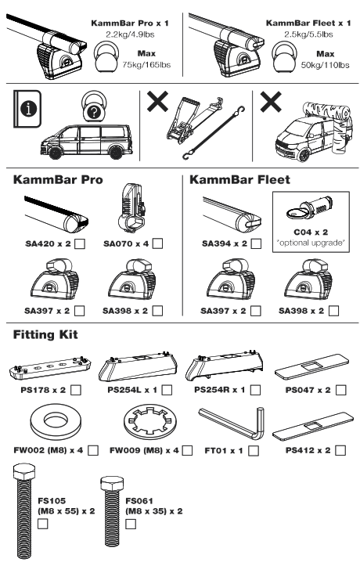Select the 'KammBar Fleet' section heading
[239, 179]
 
